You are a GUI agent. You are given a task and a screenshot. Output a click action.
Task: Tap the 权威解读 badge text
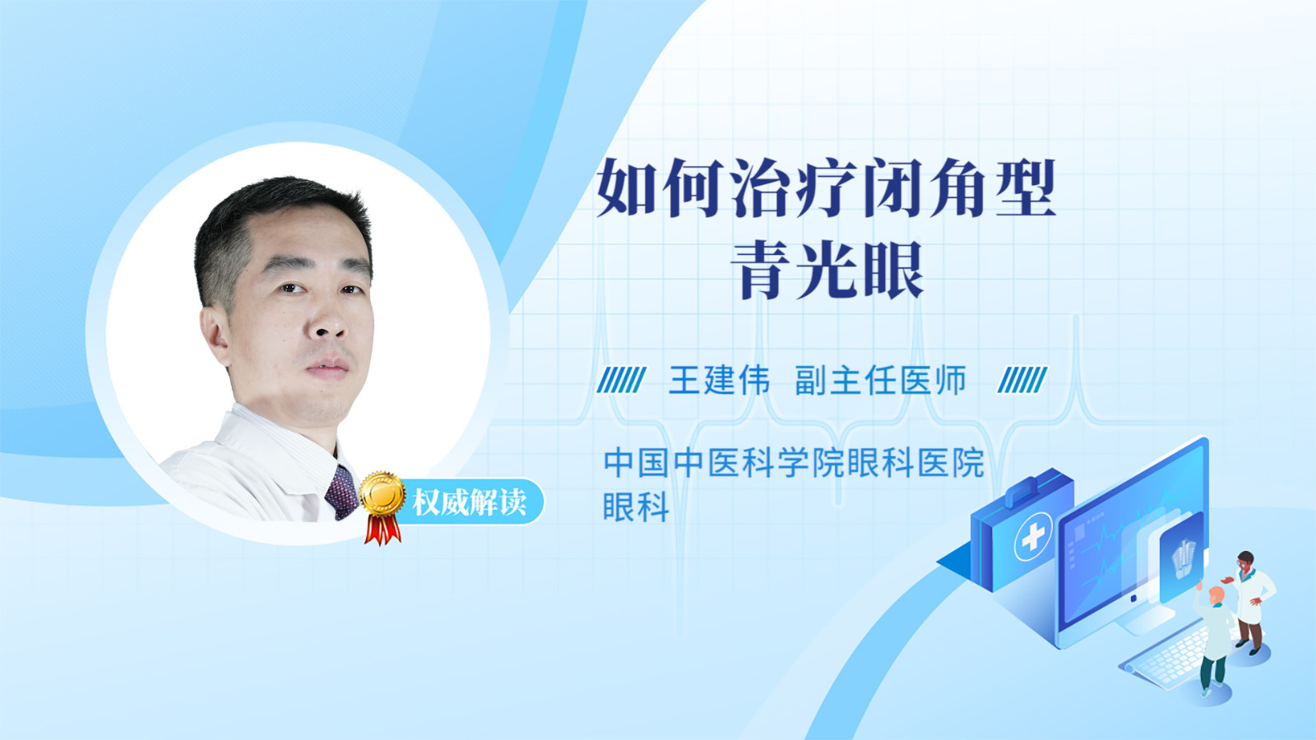[469, 502]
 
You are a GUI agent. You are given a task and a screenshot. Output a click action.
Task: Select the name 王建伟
[719, 380]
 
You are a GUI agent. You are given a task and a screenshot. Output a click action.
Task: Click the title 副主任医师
[880, 380]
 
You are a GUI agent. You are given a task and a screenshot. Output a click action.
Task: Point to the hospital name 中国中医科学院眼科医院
[794, 463]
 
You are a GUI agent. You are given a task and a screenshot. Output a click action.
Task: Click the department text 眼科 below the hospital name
[637, 506]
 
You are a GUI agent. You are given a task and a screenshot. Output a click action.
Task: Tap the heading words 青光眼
[827, 270]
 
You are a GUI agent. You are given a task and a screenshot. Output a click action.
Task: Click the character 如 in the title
[626, 187]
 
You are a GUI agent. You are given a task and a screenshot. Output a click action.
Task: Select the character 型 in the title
[1026, 187]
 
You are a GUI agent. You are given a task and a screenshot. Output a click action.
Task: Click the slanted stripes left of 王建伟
[621, 380]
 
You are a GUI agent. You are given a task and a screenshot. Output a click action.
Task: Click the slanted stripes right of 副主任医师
[1022, 380]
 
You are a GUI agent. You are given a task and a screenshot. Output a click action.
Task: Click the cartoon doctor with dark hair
[1251, 601]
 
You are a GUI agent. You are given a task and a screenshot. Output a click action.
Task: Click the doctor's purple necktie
[341, 493]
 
